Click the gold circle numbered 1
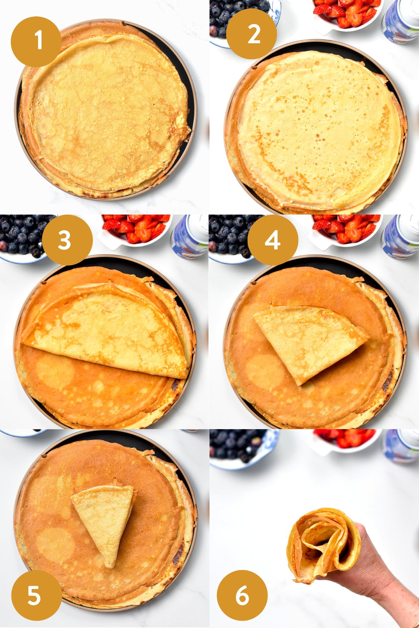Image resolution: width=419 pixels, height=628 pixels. tap(36, 42)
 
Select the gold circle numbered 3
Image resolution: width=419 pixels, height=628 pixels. tap(67, 240)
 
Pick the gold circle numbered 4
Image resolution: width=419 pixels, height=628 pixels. tap(273, 240)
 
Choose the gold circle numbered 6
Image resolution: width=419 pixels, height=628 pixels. tap(242, 595)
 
